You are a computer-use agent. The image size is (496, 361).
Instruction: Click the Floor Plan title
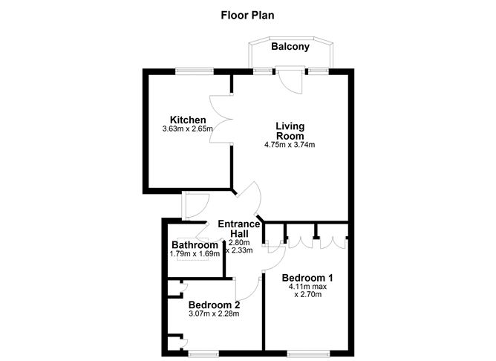click(247, 14)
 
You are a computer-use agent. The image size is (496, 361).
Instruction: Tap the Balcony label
click(290, 47)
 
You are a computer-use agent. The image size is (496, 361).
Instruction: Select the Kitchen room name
click(188, 120)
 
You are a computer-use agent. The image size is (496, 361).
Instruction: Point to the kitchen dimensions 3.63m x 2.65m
click(188, 129)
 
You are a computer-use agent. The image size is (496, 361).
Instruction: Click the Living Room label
click(290, 131)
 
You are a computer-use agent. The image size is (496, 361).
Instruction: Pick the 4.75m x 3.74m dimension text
click(290, 145)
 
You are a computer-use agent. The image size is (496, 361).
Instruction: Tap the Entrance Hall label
click(239, 229)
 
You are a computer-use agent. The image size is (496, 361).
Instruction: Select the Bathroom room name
click(195, 245)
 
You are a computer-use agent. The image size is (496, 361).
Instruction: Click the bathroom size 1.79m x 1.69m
click(195, 254)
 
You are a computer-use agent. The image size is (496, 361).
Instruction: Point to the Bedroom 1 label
click(308, 278)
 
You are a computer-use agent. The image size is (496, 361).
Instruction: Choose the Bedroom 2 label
click(214, 305)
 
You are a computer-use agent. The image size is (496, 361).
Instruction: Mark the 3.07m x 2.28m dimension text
click(214, 314)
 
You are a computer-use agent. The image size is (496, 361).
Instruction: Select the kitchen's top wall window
click(195, 71)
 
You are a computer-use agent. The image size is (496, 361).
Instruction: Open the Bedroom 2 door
click(247, 287)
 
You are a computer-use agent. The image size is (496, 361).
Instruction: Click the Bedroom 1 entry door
click(275, 257)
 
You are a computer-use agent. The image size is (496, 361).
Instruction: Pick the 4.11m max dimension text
click(308, 287)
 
